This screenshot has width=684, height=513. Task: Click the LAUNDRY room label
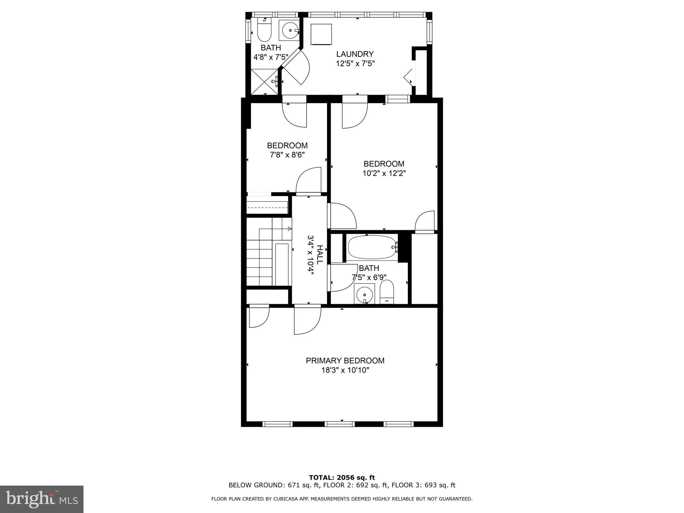(x=355, y=54)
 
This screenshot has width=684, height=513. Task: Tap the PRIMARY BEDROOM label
(x=345, y=361)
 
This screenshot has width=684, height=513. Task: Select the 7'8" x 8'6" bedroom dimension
(x=287, y=155)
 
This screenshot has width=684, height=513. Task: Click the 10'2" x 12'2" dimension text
(x=384, y=173)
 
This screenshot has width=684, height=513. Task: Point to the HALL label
(x=320, y=255)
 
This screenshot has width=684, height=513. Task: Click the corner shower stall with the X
(x=265, y=82)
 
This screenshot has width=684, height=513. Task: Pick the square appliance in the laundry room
(x=321, y=34)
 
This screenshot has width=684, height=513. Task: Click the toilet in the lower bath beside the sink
(x=387, y=292)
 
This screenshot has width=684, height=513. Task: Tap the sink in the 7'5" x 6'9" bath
(x=364, y=294)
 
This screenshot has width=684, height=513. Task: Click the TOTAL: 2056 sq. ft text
(x=342, y=478)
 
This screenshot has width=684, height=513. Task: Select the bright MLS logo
(x=42, y=499)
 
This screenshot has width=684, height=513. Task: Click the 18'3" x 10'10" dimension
(x=345, y=370)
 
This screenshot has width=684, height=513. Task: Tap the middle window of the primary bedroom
(x=340, y=424)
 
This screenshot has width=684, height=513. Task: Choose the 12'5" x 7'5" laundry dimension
(x=355, y=63)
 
